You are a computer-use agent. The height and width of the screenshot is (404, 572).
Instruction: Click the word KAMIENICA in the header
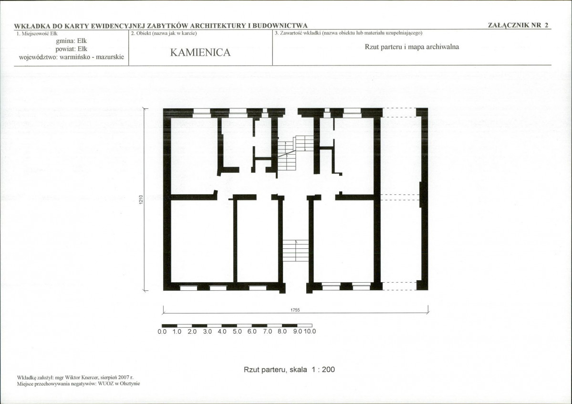[200, 53]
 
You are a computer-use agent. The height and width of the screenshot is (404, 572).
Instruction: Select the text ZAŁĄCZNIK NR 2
[518, 25]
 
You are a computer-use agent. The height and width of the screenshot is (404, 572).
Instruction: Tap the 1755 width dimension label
[295, 310]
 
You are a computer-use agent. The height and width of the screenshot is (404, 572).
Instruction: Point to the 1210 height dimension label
[141, 200]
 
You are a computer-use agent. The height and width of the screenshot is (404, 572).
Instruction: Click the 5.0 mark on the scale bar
[237, 332]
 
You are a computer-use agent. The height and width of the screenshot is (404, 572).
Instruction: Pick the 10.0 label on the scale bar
[310, 331]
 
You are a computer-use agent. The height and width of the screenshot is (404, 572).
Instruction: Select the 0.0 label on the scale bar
[162, 332]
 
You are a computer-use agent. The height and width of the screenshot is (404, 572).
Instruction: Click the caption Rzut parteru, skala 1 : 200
[289, 370]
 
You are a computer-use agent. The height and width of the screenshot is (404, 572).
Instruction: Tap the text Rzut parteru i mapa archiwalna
[412, 47]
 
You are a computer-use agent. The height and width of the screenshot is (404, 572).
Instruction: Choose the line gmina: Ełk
[72, 41]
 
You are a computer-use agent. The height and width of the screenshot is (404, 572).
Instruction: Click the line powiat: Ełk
[72, 49]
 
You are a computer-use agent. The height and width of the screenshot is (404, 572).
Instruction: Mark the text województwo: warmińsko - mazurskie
[72, 57]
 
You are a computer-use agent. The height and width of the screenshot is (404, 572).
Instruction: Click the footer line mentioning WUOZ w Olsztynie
[78, 383]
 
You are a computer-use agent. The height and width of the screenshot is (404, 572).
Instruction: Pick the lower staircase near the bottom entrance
[296, 251]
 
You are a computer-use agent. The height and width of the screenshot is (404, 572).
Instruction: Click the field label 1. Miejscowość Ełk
[37, 33]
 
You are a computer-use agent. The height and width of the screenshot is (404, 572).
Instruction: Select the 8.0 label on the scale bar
[282, 332]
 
